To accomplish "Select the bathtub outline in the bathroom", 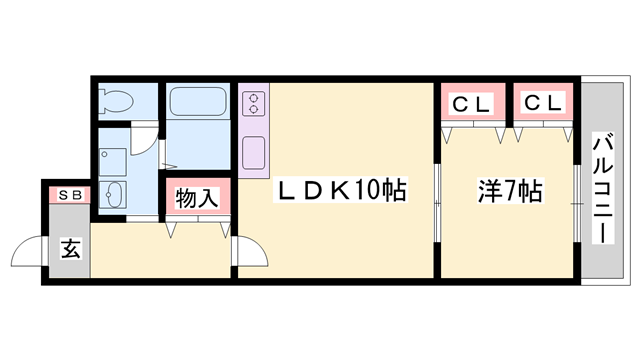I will tap(199, 102).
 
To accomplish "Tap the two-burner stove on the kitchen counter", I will tap(254, 102).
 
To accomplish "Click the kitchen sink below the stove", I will tap(254, 152).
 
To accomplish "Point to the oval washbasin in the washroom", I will tap(114, 194).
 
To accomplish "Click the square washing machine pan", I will tap(113, 160).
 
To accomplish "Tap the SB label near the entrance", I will tap(69, 194).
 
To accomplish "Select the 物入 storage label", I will tap(197, 197).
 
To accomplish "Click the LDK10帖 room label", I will tap(341, 189).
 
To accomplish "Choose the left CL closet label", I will tap(470, 103).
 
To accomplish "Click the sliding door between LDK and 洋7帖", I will tap(437, 204).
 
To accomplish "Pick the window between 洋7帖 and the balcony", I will tap(578, 201).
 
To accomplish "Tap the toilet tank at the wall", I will tap(105, 101).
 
